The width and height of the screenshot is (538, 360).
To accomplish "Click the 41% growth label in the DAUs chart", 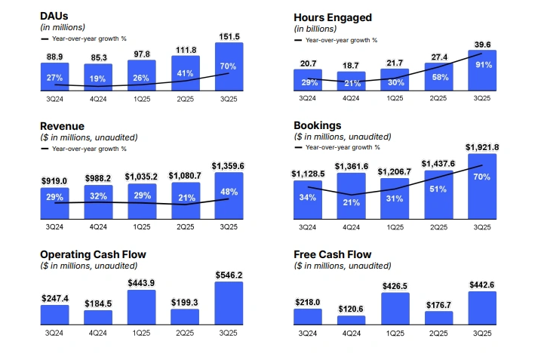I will coord(185,74).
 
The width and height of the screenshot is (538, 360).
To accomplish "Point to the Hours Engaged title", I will coord(333,17).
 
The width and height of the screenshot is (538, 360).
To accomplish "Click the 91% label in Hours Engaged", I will coord(482,65).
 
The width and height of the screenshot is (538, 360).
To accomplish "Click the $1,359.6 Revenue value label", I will coord(228,165).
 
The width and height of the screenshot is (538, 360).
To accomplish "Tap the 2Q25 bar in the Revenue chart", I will coord(185,201).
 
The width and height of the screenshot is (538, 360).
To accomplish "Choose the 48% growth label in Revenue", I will coord(229,192).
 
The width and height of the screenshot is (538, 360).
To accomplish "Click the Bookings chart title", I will coord(318,125).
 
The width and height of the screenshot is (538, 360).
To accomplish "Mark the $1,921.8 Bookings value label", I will coord(482,146).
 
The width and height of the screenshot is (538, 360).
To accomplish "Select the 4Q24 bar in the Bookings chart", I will coord(351,196).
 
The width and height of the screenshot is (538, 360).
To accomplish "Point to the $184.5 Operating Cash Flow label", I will coord(97,303).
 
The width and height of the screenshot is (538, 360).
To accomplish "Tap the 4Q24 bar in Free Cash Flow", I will coord(351,319).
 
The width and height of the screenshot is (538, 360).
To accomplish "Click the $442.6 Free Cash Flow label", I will coord(482,285).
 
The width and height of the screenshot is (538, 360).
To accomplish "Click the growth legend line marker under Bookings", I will coord(299,149).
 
